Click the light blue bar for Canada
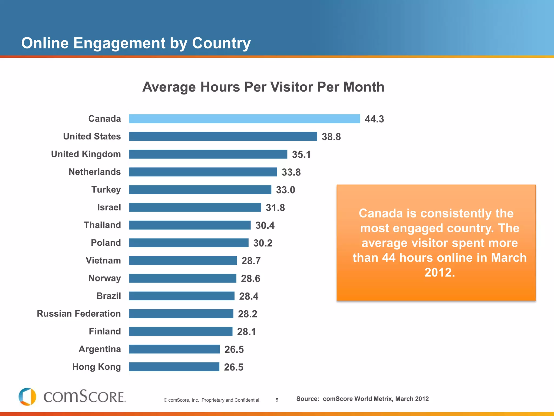[x=244, y=119]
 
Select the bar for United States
[x=223, y=136]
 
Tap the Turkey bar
[x=200, y=190]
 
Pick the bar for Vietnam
[x=183, y=261]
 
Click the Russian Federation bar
[x=181, y=314]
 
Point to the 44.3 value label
[x=374, y=119]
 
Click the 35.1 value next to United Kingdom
[x=301, y=154]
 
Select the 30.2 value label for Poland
[x=263, y=243]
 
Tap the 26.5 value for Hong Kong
[x=233, y=367]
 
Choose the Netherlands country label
[x=95, y=172]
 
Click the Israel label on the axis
[x=109, y=207]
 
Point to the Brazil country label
[x=108, y=296]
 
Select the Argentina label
[x=100, y=349]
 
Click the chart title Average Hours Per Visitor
[x=263, y=87]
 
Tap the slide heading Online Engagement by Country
[x=136, y=43]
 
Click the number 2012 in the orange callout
[x=440, y=272]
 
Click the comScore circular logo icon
[x=27, y=397]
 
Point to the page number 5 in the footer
[x=277, y=400]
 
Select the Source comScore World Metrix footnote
[x=362, y=399]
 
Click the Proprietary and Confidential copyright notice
[x=212, y=400]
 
